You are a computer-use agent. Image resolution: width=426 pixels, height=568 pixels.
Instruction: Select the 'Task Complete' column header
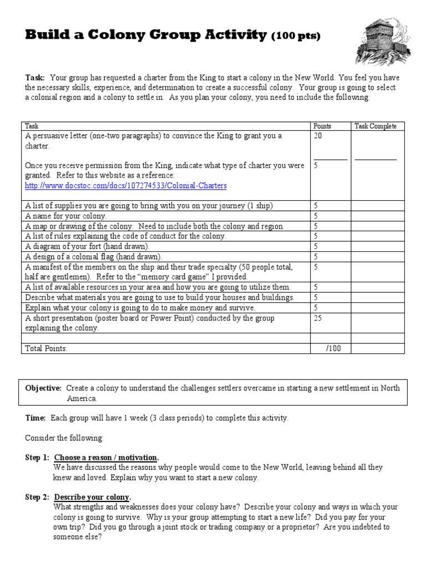point(376,126)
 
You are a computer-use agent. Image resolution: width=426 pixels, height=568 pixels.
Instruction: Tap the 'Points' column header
point(322,126)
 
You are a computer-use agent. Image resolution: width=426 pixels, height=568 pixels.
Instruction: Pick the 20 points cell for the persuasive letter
point(318,136)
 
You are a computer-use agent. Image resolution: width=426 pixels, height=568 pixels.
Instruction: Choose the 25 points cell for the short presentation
point(318,318)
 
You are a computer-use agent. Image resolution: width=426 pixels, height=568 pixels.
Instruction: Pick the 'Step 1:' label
point(37,458)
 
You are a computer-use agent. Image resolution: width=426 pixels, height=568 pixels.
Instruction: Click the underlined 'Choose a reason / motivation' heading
point(106,458)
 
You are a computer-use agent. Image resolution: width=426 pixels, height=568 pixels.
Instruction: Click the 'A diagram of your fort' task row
point(87,246)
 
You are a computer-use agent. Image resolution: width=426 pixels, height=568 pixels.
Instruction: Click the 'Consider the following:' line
point(64,438)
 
